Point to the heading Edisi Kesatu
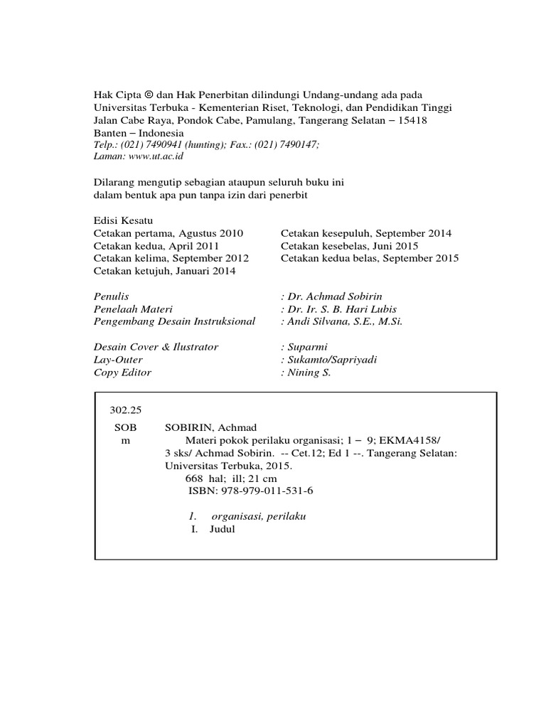pos(123,220)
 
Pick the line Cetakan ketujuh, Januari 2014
pos(164,271)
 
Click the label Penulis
pos(112,296)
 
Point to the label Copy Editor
pos(122,372)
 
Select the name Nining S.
pos(309,372)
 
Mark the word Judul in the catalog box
pos(222,529)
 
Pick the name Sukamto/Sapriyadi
pos(332,360)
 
